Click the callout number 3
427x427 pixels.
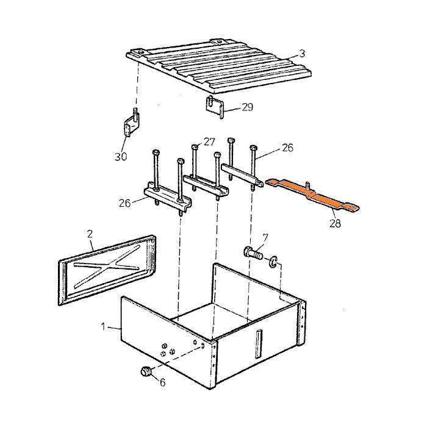(302, 54)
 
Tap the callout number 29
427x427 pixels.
(247, 107)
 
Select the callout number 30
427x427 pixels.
(121, 157)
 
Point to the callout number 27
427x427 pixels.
(209, 142)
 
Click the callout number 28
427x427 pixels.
(335, 224)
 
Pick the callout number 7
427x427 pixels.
(265, 237)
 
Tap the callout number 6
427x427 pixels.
(162, 382)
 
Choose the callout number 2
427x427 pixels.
(90, 234)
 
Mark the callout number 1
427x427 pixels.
(103, 326)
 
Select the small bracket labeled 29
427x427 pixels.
(215, 107)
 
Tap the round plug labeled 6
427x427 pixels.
(146, 371)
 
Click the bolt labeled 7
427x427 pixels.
(253, 253)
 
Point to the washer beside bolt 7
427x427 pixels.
(273, 262)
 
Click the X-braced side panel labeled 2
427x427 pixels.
(107, 270)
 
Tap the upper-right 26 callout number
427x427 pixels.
(287, 148)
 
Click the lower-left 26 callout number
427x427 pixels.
(124, 203)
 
